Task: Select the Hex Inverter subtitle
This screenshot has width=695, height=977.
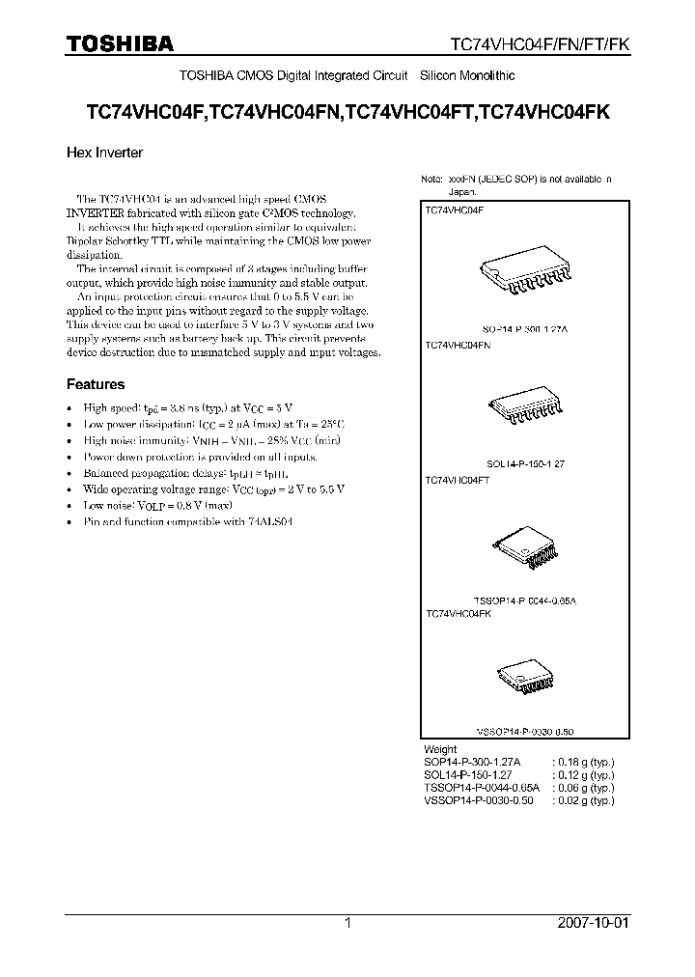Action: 104,152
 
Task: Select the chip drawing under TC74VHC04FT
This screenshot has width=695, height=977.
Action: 526,546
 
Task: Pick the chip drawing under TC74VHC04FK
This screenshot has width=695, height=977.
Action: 526,679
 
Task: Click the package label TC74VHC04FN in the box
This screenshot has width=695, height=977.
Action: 459,345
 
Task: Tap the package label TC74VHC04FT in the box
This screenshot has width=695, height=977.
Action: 458,479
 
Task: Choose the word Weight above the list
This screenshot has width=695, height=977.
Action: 440,749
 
